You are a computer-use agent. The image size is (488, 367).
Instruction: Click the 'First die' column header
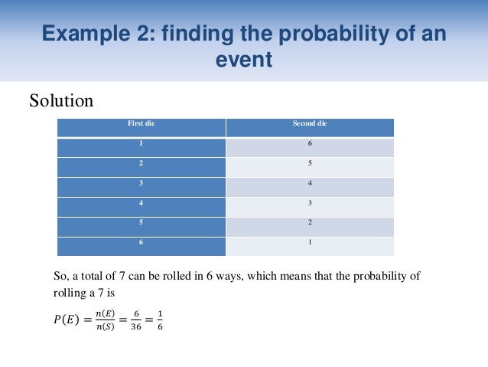pyautogui.click(x=142, y=123)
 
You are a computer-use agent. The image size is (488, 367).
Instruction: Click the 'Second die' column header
pyautogui.click(x=309, y=123)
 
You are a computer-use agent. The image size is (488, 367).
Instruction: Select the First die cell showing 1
pyautogui.click(x=142, y=143)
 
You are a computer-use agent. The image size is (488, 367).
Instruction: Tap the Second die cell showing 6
pyautogui.click(x=309, y=143)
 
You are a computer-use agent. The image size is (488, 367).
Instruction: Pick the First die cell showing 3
pyautogui.click(x=142, y=183)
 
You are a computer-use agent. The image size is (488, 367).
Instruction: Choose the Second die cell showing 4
pyautogui.click(x=309, y=183)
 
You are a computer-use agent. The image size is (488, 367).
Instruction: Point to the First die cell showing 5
pyautogui.click(x=142, y=223)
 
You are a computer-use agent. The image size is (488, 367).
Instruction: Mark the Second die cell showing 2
pyautogui.click(x=309, y=223)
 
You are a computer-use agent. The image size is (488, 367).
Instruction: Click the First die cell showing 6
pyautogui.click(x=142, y=243)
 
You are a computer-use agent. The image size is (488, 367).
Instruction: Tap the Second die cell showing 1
pyautogui.click(x=309, y=243)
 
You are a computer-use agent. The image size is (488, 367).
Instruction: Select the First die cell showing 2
pyautogui.click(x=142, y=163)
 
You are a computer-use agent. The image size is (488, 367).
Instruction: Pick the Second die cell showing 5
pyautogui.click(x=309, y=163)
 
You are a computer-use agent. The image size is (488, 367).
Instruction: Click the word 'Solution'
pyautogui.click(x=61, y=100)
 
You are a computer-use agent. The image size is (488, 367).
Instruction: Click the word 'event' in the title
pyautogui.click(x=245, y=60)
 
